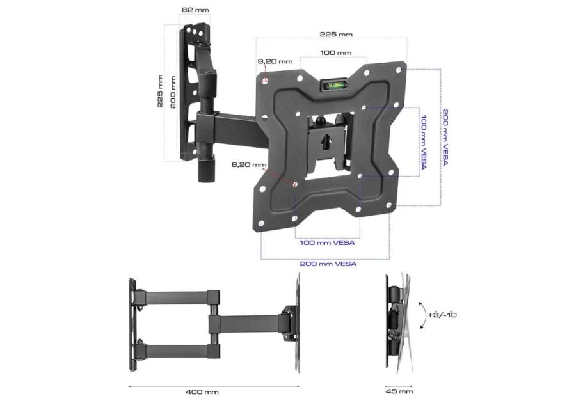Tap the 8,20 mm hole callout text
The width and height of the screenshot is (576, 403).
[x=275, y=61]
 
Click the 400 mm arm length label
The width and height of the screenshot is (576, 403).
[x=203, y=392]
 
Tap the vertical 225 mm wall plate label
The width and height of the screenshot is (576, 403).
[x=160, y=91]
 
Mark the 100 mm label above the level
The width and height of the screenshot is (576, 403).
[x=336, y=52]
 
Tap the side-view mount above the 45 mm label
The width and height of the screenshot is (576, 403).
[x=397, y=320]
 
